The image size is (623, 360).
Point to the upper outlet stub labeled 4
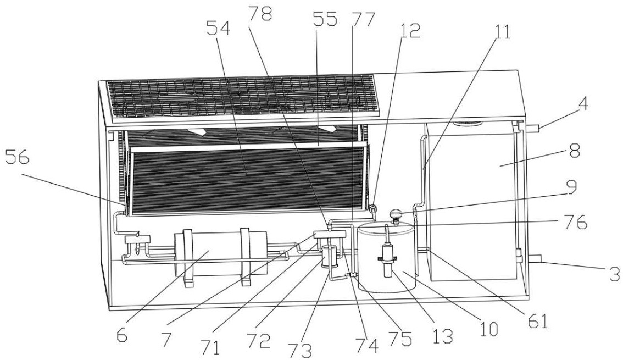point(533,128)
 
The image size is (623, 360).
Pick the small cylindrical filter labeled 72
point(330,256)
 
